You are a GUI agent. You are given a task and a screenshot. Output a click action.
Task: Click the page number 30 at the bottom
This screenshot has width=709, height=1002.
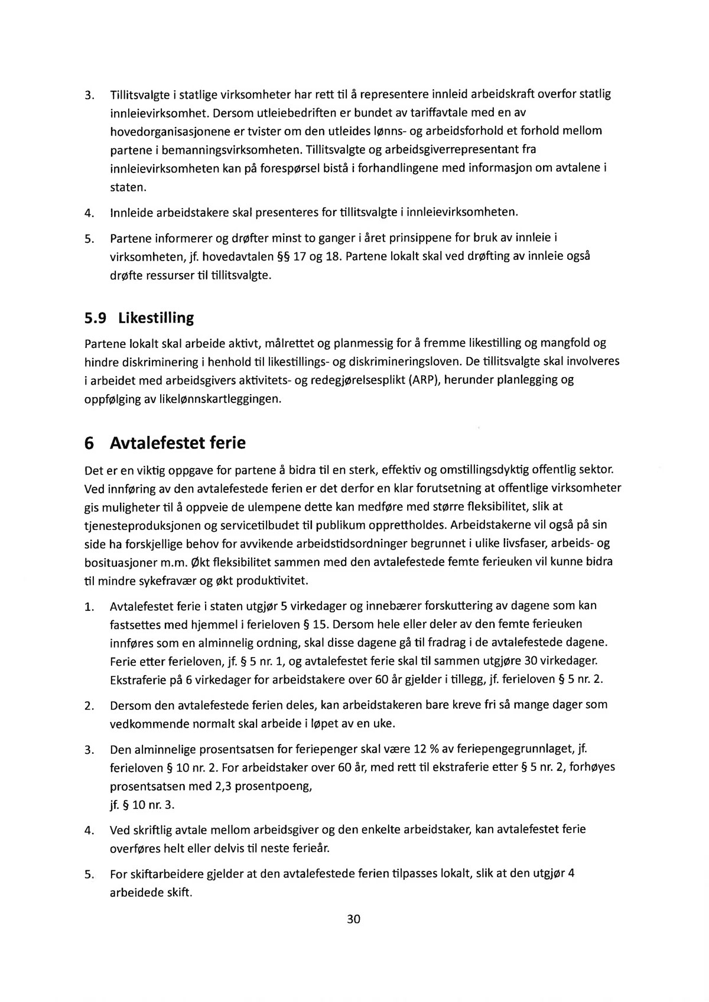(x=354, y=919)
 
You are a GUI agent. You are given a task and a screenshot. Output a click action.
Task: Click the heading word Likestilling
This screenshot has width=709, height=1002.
(x=156, y=318)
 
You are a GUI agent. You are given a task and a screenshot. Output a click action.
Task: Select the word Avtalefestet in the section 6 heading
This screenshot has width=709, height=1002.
(x=158, y=443)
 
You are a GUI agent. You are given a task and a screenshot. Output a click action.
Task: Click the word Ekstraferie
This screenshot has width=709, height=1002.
(x=138, y=679)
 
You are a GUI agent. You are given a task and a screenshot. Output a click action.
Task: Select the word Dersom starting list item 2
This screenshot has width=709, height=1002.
(x=131, y=705)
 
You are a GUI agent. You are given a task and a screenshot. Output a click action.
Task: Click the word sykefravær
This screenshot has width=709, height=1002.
(x=166, y=581)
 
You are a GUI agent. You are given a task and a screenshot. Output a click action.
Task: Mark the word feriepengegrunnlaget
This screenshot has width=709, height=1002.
(x=513, y=749)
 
